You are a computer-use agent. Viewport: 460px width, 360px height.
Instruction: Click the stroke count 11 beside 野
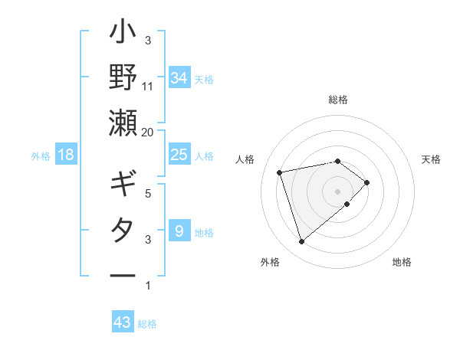pyautogui.click(x=148, y=87)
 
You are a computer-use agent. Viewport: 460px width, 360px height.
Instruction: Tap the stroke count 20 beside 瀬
pyautogui.click(x=148, y=132)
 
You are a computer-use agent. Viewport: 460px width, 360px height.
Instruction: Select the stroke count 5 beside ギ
pyautogui.click(x=148, y=194)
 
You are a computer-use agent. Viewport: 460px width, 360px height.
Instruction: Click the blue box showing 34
pyautogui.click(x=179, y=78)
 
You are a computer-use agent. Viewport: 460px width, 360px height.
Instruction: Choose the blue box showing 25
pyautogui.click(x=179, y=155)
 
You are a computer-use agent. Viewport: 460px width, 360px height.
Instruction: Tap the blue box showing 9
pyautogui.click(x=179, y=231)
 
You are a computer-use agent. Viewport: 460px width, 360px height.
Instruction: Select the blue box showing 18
pyautogui.click(x=66, y=155)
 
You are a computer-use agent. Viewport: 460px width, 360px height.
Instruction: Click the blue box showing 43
pyautogui.click(x=122, y=322)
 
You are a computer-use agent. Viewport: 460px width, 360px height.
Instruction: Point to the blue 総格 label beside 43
pyautogui.click(x=147, y=324)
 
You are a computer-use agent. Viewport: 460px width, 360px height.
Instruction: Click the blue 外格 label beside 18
pyautogui.click(x=41, y=155)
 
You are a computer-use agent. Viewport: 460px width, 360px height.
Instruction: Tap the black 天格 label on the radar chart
pyautogui.click(x=432, y=159)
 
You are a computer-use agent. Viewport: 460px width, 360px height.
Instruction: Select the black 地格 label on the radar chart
pyautogui.click(x=402, y=263)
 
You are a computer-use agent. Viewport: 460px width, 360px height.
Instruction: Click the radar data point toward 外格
pyautogui.click(x=301, y=242)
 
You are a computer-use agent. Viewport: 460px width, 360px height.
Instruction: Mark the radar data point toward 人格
pyautogui.click(x=280, y=172)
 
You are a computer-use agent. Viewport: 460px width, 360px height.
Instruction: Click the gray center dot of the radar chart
pyautogui.click(x=337, y=191)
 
